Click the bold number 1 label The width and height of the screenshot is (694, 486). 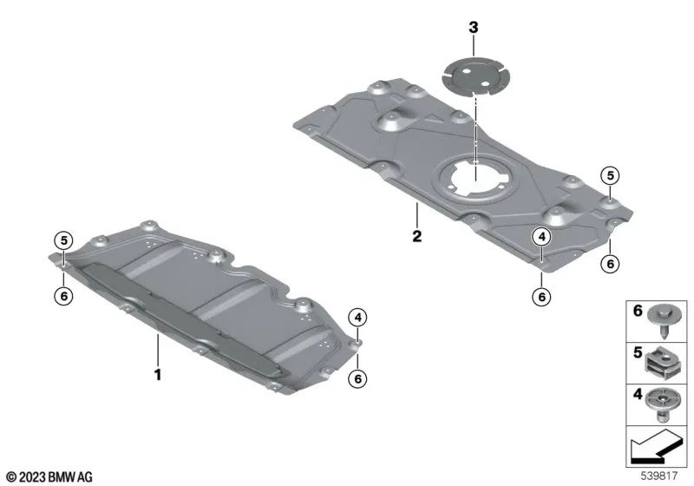[158, 375]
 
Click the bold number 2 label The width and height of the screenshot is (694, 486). [417, 236]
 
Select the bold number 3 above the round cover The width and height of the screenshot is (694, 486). [474, 28]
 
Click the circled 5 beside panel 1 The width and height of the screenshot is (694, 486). [63, 240]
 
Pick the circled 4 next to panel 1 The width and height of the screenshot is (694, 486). [357, 318]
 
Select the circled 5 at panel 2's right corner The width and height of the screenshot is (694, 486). [611, 175]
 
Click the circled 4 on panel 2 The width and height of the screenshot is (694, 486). [541, 237]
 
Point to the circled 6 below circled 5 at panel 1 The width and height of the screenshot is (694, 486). [63, 296]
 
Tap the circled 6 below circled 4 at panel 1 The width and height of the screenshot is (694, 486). [357, 378]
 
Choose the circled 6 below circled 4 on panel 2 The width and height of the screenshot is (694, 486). [541, 297]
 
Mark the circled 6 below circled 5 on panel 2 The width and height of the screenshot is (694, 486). [611, 264]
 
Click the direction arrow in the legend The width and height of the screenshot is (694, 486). [655, 448]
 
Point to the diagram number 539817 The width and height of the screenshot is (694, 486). [659, 476]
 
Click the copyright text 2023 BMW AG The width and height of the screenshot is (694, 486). [49, 477]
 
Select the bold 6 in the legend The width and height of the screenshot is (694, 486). [638, 311]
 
